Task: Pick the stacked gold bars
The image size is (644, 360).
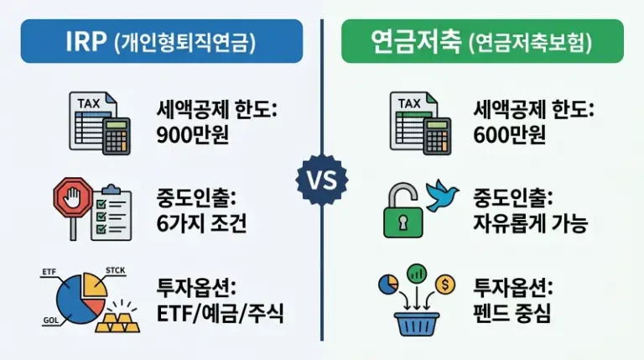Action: click(117, 319)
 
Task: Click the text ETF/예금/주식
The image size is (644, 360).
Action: click(221, 315)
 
